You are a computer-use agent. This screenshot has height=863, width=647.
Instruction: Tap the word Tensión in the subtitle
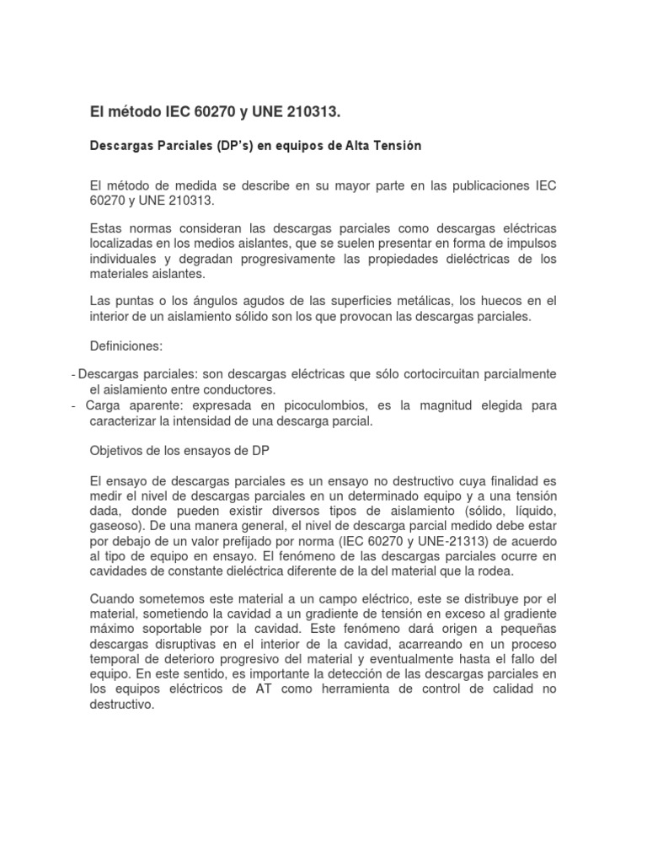393,146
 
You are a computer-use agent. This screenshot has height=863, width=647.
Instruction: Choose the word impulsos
530,244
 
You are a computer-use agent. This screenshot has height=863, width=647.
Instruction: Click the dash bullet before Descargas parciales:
75,374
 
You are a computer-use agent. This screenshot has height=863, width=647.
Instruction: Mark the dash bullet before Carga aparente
75,406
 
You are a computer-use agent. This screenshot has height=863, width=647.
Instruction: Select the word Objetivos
117,450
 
